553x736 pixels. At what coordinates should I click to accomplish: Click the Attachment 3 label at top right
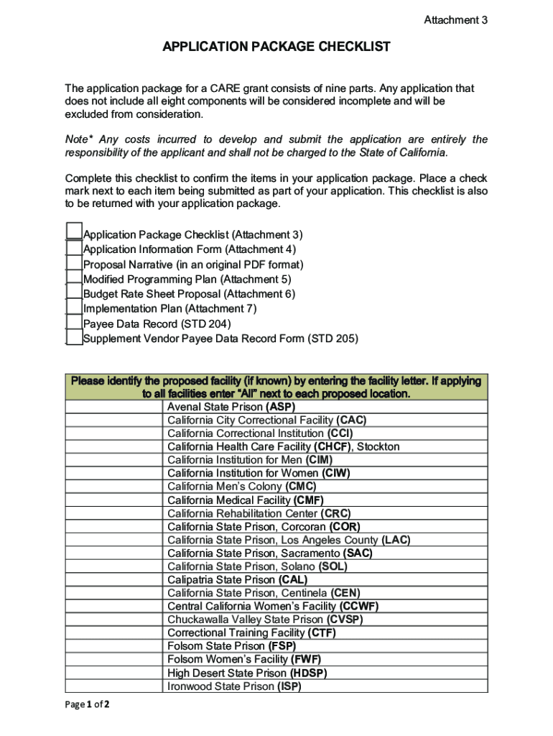(x=455, y=20)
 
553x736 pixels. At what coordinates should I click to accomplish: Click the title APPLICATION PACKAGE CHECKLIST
(x=276, y=47)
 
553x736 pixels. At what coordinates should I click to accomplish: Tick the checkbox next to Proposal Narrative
(x=74, y=264)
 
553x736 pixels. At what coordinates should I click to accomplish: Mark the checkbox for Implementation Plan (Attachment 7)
(x=74, y=308)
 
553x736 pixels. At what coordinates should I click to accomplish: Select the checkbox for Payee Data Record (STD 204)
(x=74, y=323)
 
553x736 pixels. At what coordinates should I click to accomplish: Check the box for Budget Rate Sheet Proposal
(x=74, y=293)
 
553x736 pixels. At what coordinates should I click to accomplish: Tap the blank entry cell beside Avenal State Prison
(x=115, y=407)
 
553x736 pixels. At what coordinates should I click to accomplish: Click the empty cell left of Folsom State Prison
(x=115, y=646)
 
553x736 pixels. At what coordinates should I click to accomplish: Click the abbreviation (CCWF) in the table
(x=359, y=606)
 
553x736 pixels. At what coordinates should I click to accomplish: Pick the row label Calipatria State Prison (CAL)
(x=237, y=579)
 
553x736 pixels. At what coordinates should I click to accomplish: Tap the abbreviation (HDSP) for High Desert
(x=308, y=673)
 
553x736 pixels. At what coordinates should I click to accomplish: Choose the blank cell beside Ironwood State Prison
(x=115, y=686)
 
